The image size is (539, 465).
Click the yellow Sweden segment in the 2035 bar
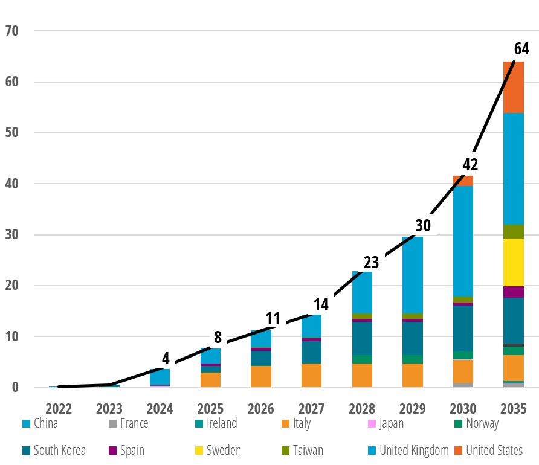tap(514, 262)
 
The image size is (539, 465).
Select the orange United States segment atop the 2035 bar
tap(514, 87)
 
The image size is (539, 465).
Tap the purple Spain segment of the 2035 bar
tap(514, 292)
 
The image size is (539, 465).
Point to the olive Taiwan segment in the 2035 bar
tap(514, 231)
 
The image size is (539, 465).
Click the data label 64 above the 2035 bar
tap(521, 48)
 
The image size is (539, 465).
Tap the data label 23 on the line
tap(371, 263)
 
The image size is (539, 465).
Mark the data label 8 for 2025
tap(218, 337)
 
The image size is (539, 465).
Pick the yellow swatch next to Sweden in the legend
tap(198, 450)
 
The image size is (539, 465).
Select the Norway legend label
tap(482, 423)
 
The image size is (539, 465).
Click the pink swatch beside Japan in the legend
tap(371, 423)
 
